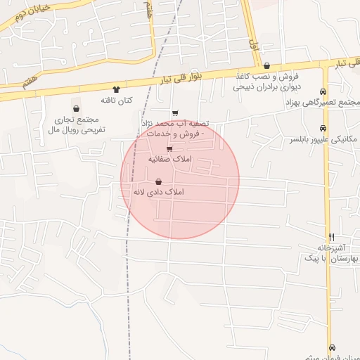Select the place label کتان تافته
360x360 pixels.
click(x=117, y=101)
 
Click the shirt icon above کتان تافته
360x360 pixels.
click(x=117, y=89)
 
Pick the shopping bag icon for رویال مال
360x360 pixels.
click(x=75, y=108)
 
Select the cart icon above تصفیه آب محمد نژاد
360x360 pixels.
click(x=175, y=112)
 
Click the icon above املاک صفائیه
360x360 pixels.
click(x=169, y=148)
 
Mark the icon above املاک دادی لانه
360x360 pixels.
click(x=157, y=181)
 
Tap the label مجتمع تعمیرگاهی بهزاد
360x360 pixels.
click(x=323, y=103)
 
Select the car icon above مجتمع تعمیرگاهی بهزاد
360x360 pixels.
click(x=323, y=91)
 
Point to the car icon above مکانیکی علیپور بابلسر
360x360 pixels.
click(x=323, y=128)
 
